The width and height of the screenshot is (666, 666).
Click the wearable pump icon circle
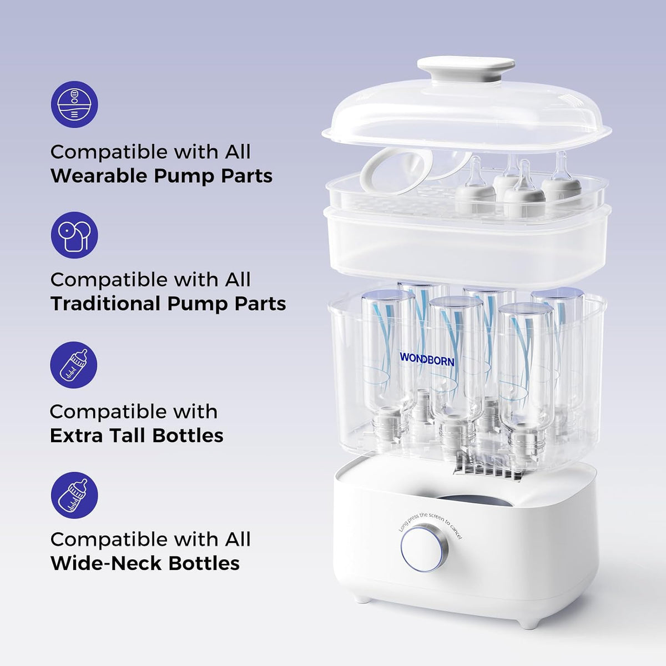tap(74, 104)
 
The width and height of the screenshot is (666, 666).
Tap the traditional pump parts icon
tap(74, 235)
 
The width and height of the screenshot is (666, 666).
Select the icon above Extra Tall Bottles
tap(74, 365)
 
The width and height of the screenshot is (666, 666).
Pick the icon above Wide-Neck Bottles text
tap(74, 495)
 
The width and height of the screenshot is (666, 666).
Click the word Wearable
tap(99, 176)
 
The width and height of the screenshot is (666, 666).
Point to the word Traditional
tap(106, 304)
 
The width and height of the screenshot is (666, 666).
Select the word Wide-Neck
tap(106, 563)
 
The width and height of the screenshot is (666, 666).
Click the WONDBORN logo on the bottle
tap(427, 360)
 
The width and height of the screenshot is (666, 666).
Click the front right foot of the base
tap(528, 623)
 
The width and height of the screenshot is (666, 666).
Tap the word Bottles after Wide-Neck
tap(204, 563)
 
